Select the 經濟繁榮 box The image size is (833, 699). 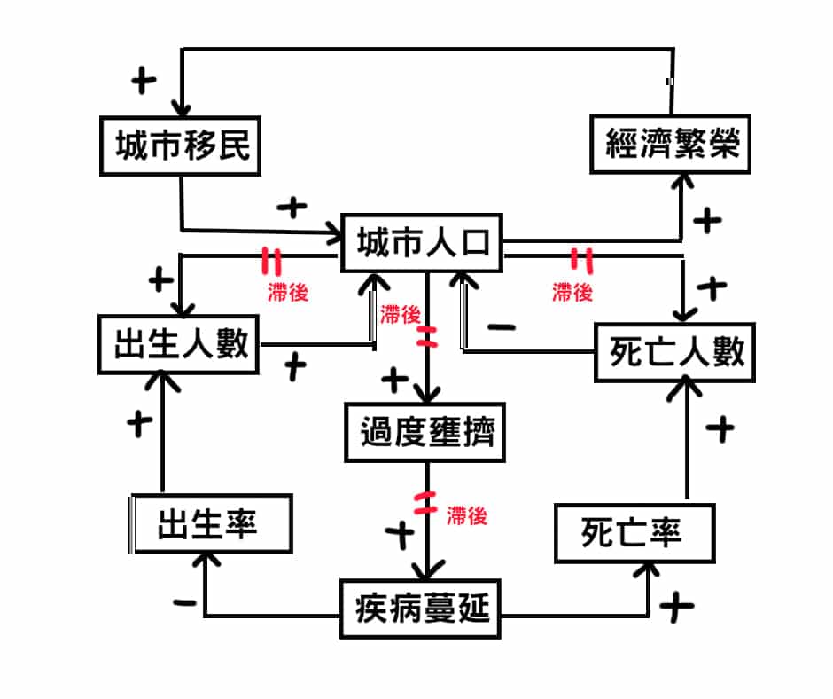point(671,143)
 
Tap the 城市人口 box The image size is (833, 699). point(423,242)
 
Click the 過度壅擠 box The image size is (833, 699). point(425,434)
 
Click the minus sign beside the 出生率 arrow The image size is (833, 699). point(184,604)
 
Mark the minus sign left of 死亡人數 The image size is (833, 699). point(502,327)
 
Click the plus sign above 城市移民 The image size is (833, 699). point(143,81)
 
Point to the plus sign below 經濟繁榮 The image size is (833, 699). point(706,221)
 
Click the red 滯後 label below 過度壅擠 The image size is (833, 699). point(467,516)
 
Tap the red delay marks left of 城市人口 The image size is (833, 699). point(271,260)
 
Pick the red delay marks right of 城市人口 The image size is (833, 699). point(580,259)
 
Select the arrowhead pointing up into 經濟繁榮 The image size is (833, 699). point(681,180)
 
